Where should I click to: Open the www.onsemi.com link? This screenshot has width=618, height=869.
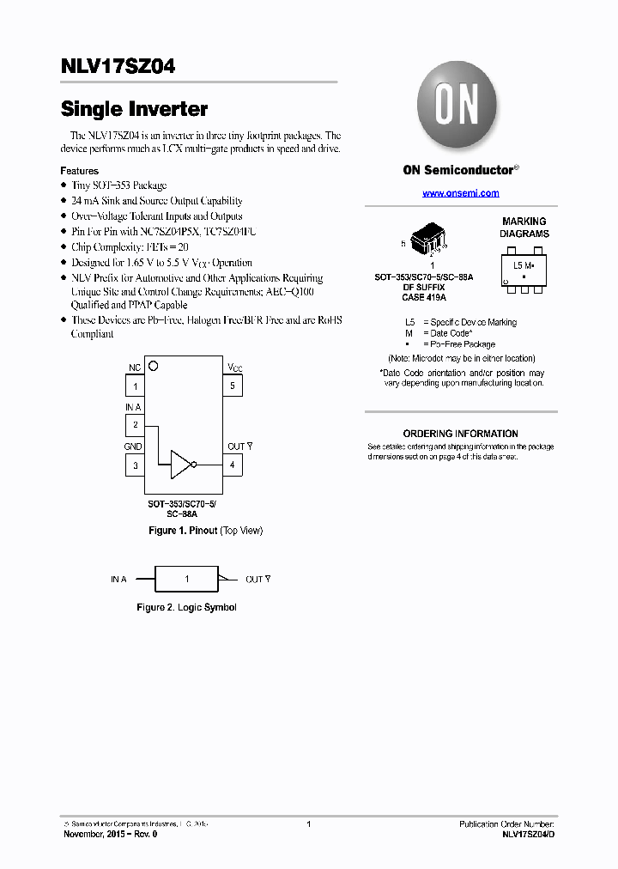coord(460,193)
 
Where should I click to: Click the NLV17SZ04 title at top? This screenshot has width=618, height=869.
coord(118,66)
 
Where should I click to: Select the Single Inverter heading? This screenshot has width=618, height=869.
coord(134,110)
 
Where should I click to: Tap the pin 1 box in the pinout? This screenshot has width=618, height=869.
coord(135,386)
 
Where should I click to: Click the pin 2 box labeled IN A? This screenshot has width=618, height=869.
coord(135,424)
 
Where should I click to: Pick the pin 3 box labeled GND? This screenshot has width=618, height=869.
coord(135,465)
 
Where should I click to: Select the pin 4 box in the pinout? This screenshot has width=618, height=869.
coord(233,465)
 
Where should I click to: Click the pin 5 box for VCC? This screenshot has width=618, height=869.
coord(233,386)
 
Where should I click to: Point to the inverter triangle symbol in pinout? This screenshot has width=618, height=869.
coord(182,465)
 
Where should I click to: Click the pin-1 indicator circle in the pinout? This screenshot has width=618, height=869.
coord(154,366)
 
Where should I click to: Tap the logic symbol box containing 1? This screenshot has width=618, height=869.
coord(186,579)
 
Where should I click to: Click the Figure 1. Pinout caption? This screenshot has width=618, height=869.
coord(205,531)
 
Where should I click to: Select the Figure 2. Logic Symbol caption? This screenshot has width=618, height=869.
coord(186,607)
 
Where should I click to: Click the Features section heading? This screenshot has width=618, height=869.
coord(79,171)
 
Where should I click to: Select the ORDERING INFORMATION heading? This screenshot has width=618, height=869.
coord(460,434)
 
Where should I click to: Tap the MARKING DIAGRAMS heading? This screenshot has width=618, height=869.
coord(524,228)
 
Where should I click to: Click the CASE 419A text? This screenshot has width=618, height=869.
coord(424,297)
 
